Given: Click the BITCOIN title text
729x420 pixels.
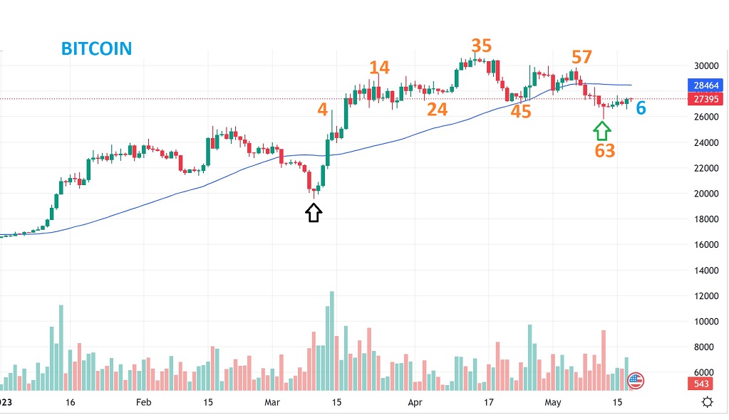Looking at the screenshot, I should (x=96, y=48).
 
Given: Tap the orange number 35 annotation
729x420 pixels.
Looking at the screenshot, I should (x=481, y=46).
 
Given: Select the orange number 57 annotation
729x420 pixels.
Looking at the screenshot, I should (x=581, y=57).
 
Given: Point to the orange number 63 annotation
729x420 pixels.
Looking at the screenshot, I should (x=605, y=150).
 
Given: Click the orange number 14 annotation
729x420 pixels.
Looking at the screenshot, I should (x=379, y=68).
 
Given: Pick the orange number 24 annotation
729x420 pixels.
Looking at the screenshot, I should (x=437, y=110).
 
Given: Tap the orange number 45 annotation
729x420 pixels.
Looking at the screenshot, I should (x=521, y=111).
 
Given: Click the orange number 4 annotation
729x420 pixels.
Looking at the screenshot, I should (x=323, y=110).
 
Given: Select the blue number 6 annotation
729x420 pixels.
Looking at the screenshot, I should (x=641, y=108).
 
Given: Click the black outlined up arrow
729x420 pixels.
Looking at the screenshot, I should (x=314, y=213).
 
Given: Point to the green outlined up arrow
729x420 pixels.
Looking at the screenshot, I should (x=602, y=130).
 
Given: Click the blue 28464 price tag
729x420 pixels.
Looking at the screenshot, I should (x=705, y=85).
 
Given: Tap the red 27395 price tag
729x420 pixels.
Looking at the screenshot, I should (x=705, y=99).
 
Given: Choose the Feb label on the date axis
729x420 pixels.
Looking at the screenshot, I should (x=144, y=402).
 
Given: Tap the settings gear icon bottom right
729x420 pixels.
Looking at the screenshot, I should (x=707, y=402).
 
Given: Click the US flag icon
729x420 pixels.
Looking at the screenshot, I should (x=635, y=381).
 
